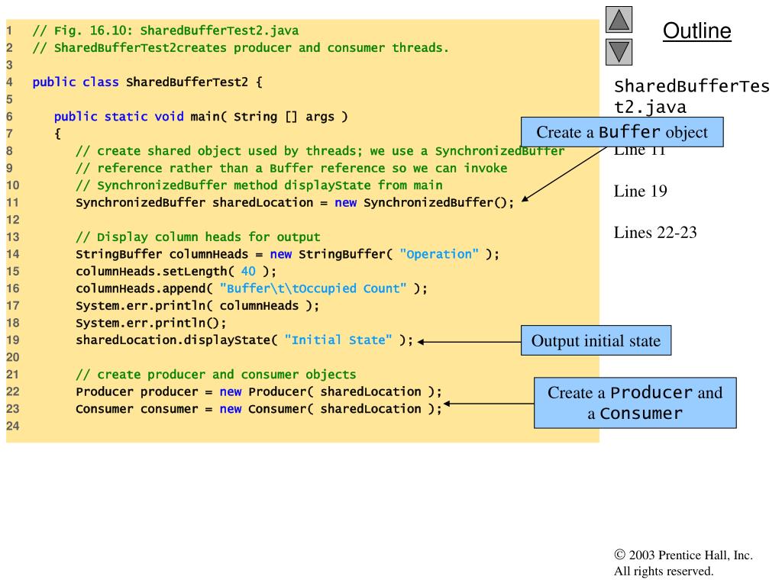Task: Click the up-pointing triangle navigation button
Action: pyautogui.click(x=619, y=19)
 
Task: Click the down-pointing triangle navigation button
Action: pyautogui.click(x=619, y=52)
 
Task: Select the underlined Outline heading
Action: pyautogui.click(x=696, y=31)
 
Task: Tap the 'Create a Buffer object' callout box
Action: pyautogui.click(x=622, y=132)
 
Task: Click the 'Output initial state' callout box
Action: pyautogui.click(x=596, y=340)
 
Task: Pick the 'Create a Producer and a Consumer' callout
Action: pyautogui.click(x=635, y=403)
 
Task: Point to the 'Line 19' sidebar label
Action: pyautogui.click(x=640, y=192)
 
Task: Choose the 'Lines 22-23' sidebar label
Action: pyautogui.click(x=655, y=233)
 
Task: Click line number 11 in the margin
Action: pyautogui.click(x=11, y=203)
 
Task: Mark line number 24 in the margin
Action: pyautogui.click(x=11, y=426)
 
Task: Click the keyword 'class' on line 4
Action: pyautogui.click(x=100, y=82)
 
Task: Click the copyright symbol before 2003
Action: pyautogui.click(x=619, y=555)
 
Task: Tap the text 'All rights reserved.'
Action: pyautogui.click(x=663, y=571)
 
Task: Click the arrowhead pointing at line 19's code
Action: pyautogui.click(x=422, y=341)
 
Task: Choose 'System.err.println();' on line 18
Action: pyautogui.click(x=151, y=323)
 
